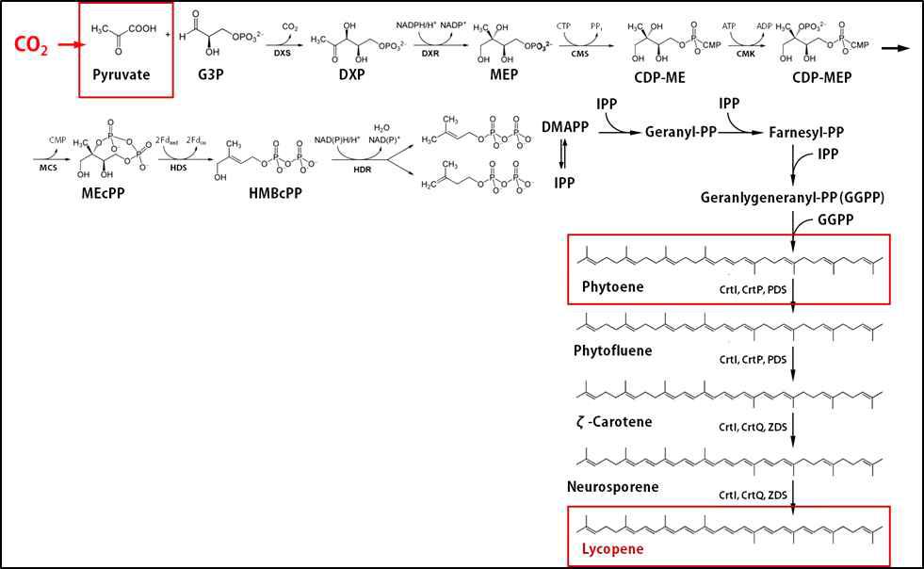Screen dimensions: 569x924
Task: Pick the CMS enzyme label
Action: [x=579, y=57]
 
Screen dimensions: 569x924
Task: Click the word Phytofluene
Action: [x=613, y=350]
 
